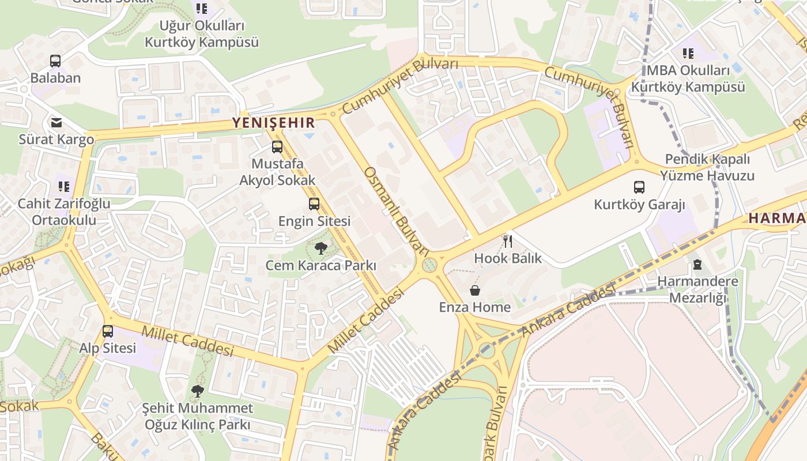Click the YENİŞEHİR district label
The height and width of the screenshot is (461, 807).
(273, 122)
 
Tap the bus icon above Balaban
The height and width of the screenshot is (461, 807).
(55, 61)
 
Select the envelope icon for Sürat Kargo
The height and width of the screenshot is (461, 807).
(56, 122)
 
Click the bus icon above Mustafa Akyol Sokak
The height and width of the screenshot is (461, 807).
(277, 147)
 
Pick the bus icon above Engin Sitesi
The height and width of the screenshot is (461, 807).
(314, 204)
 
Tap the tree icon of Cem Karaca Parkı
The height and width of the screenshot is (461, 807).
(320, 248)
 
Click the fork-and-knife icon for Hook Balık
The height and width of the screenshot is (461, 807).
(507, 241)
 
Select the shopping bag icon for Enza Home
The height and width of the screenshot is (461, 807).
(475, 290)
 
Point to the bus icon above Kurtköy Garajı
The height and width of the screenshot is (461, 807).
(639, 187)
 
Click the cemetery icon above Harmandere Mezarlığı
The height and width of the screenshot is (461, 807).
(697, 265)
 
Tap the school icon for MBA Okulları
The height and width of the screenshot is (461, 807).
(688, 54)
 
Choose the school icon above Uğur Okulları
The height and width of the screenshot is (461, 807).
(201, 9)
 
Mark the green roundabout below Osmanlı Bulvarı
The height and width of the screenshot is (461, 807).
(429, 265)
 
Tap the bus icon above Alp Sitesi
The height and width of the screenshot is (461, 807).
(108, 331)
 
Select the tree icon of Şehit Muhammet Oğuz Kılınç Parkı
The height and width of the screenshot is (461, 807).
(198, 391)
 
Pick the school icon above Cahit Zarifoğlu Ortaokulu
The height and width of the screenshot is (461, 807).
(64, 187)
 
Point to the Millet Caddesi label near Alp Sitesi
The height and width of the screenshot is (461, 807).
(187, 341)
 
